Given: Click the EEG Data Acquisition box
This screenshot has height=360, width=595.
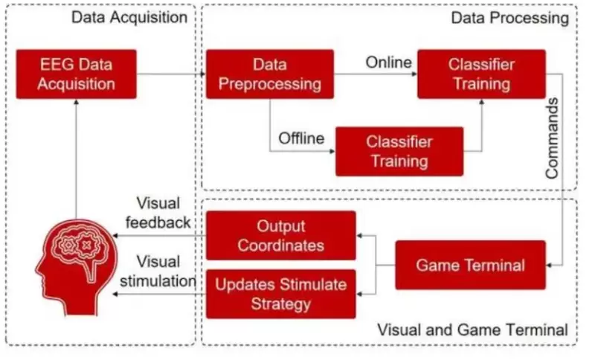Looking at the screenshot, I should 77,74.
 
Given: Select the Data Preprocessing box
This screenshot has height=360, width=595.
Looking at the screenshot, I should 269,74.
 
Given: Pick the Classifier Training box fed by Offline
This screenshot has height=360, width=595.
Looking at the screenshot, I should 399,151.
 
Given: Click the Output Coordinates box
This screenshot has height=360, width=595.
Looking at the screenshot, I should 280,235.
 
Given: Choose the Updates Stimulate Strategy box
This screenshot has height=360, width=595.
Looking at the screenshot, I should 280,294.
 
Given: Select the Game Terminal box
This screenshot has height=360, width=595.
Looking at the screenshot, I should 470,265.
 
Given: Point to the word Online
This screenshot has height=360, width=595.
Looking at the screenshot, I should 388,62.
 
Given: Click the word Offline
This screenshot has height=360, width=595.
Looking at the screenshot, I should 301,138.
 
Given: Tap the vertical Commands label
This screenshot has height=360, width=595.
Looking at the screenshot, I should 553,138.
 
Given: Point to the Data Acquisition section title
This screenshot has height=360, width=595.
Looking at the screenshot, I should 129,17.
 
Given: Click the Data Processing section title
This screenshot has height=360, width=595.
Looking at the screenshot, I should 509,17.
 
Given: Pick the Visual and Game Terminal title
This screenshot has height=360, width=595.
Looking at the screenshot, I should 473,329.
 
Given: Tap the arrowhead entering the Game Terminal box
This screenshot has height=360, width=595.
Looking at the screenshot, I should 551,265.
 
